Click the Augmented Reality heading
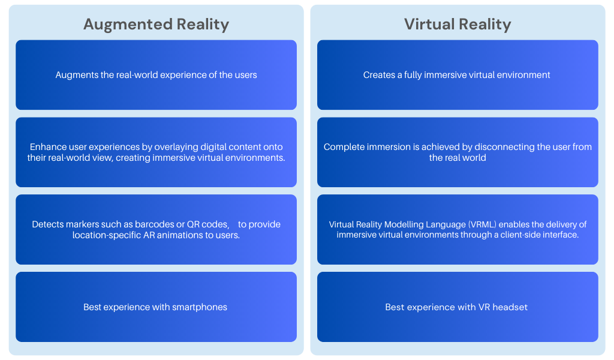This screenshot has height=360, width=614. click(156, 24)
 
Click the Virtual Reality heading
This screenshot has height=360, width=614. click(458, 24)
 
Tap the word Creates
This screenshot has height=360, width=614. click(379, 75)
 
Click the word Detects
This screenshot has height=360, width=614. click(47, 224)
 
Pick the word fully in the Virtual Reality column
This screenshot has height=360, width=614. click(419, 75)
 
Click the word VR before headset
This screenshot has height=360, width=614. click(484, 307)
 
